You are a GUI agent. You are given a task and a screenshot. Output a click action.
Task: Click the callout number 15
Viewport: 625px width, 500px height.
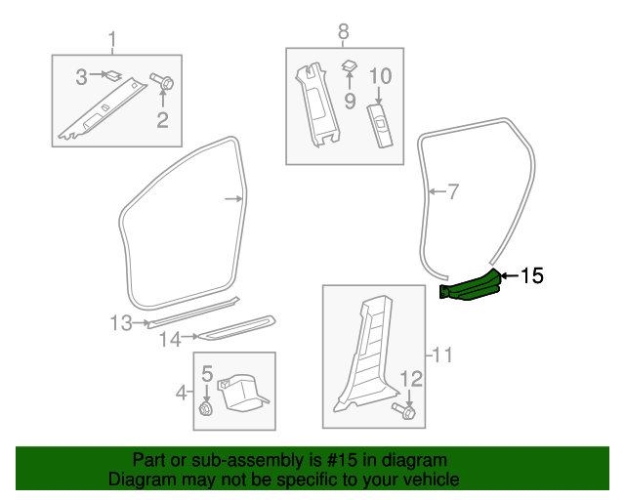coord(531,276)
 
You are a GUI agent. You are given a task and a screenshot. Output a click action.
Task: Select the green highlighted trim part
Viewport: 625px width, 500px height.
coord(472,287)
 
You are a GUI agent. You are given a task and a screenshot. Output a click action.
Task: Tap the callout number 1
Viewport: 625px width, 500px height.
coord(111,40)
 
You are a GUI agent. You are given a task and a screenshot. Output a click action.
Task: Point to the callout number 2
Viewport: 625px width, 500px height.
coord(162,121)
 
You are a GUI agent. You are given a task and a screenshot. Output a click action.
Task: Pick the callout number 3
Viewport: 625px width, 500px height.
coord(83,73)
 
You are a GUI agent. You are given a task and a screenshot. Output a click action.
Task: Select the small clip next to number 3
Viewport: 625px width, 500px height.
coord(111,73)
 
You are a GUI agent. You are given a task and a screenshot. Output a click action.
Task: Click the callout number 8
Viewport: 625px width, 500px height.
coord(343,31)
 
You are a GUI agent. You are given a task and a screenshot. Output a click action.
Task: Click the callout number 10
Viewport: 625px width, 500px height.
coord(380,76)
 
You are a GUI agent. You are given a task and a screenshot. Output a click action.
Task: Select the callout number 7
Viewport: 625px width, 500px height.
coord(452,191)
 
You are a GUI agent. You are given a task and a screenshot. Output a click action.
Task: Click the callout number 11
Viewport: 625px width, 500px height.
coord(442,355)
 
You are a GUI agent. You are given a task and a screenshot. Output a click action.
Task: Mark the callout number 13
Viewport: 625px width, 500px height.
coord(120,323)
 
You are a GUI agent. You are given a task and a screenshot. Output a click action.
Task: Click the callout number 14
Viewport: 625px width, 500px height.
coord(170,340)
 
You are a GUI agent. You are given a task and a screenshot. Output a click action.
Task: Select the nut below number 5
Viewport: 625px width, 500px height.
coord(206,408)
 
